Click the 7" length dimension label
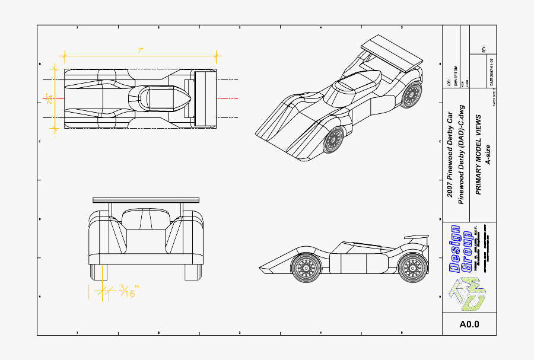[x=141, y=50]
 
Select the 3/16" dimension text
[x=129, y=291]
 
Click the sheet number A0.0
[x=469, y=324]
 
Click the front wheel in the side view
[x=306, y=268]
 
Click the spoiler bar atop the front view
[x=146, y=200]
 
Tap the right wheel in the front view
[x=193, y=272]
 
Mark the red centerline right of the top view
[x=228, y=98]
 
